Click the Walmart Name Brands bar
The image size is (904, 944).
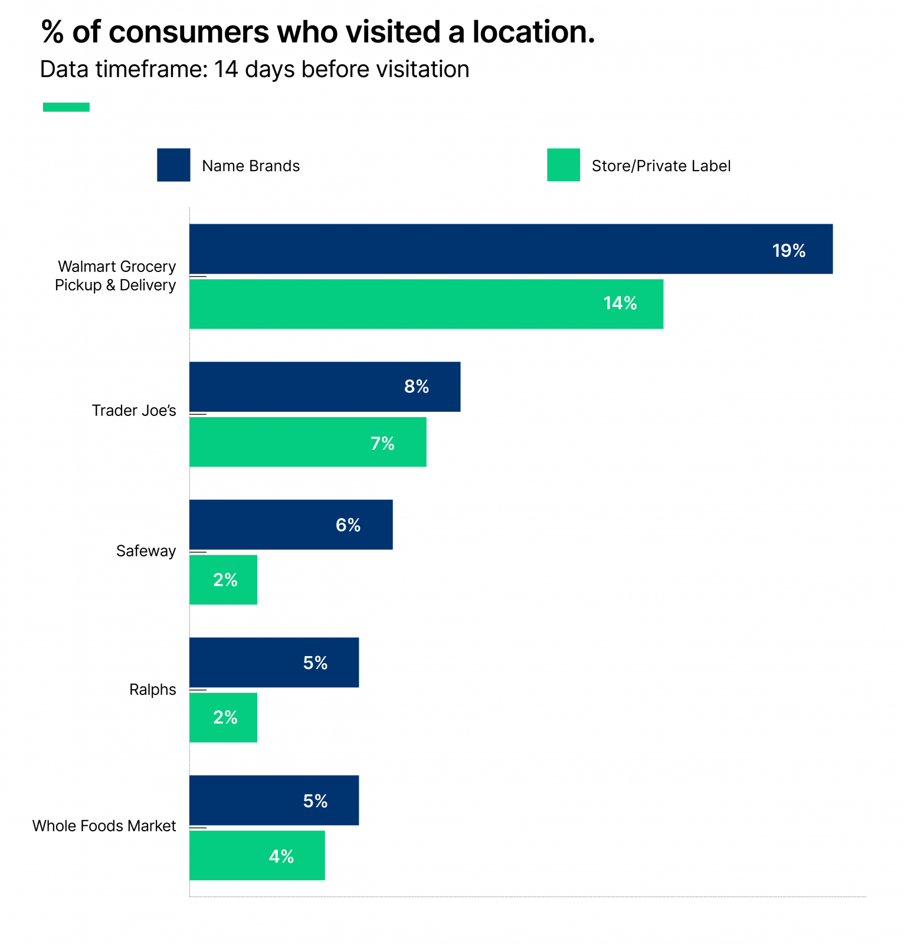click(510, 249)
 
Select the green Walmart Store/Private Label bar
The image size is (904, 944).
click(426, 304)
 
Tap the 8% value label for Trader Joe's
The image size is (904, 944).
click(416, 386)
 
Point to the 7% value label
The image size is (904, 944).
click(382, 443)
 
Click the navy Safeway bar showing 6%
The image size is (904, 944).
click(291, 525)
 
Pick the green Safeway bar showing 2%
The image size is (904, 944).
click(223, 579)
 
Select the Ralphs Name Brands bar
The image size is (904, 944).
click(274, 662)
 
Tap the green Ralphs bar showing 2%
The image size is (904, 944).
click(223, 717)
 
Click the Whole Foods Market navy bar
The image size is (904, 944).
click(274, 800)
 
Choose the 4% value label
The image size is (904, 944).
click(281, 856)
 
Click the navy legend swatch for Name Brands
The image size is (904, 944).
click(173, 165)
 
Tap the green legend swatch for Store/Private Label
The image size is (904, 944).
click(563, 165)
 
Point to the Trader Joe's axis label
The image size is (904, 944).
click(134, 411)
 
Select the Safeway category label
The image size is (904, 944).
click(146, 551)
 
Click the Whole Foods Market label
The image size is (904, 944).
click(104, 826)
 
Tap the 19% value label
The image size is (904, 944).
click(788, 251)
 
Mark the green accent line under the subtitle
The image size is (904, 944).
click(66, 107)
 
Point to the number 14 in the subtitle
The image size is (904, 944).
click(225, 70)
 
